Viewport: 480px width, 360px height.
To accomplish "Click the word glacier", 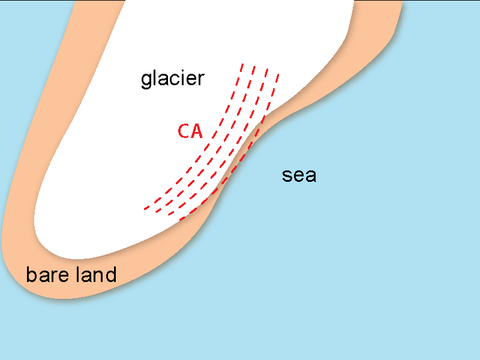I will (173, 79).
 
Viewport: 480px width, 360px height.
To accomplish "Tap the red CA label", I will (190, 131).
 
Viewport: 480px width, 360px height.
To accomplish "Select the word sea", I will (299, 176).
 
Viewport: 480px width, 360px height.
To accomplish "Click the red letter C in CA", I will (184, 131).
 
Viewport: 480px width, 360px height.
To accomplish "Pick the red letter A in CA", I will (197, 131).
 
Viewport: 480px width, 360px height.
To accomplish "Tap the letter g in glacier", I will (146, 80).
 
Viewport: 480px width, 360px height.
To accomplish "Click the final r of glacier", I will (202, 79).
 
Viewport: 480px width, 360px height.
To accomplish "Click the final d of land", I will (110, 275).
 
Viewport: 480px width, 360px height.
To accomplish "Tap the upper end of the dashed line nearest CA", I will (242, 64).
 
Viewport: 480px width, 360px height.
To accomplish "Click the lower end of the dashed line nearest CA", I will (145, 209).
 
